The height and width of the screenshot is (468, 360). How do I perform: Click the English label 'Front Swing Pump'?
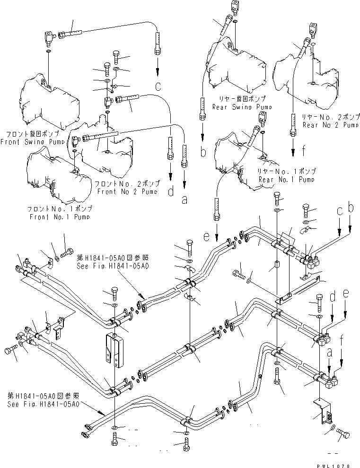tap(32, 141)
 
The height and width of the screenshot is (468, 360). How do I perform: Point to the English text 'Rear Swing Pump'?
tap(242, 107)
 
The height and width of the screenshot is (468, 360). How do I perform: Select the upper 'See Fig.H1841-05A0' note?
tap(113, 266)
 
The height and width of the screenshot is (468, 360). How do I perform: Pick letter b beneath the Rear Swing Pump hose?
tap(202, 152)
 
